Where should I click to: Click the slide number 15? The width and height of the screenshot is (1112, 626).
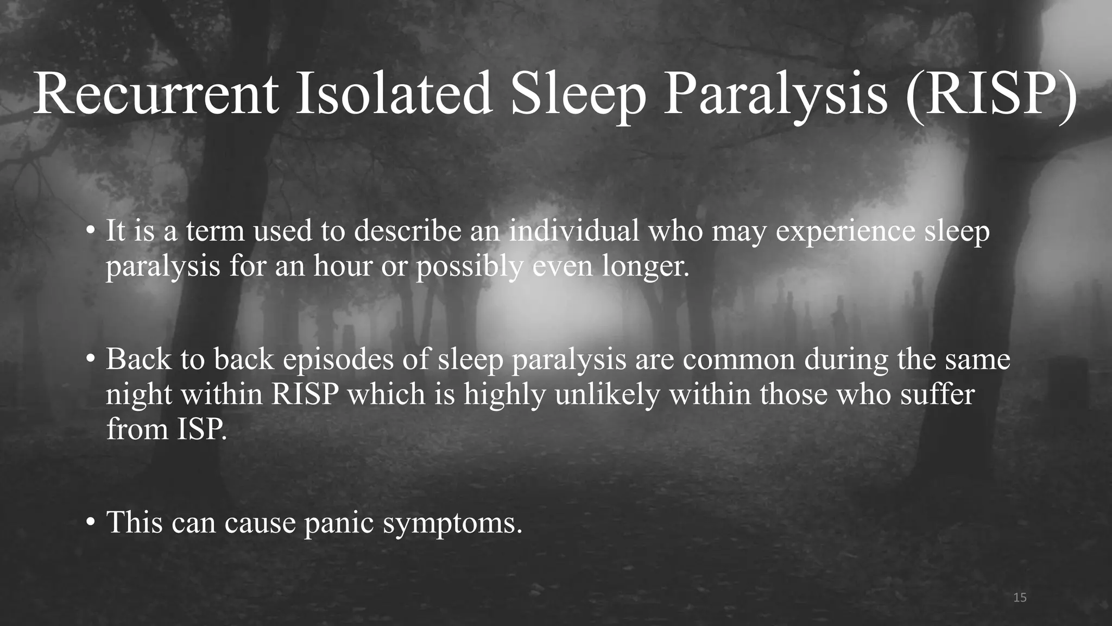click(x=1020, y=598)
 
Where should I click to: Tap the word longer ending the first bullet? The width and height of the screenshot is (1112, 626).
click(x=646, y=267)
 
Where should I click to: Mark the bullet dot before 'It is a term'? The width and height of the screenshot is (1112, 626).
click(x=91, y=231)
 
